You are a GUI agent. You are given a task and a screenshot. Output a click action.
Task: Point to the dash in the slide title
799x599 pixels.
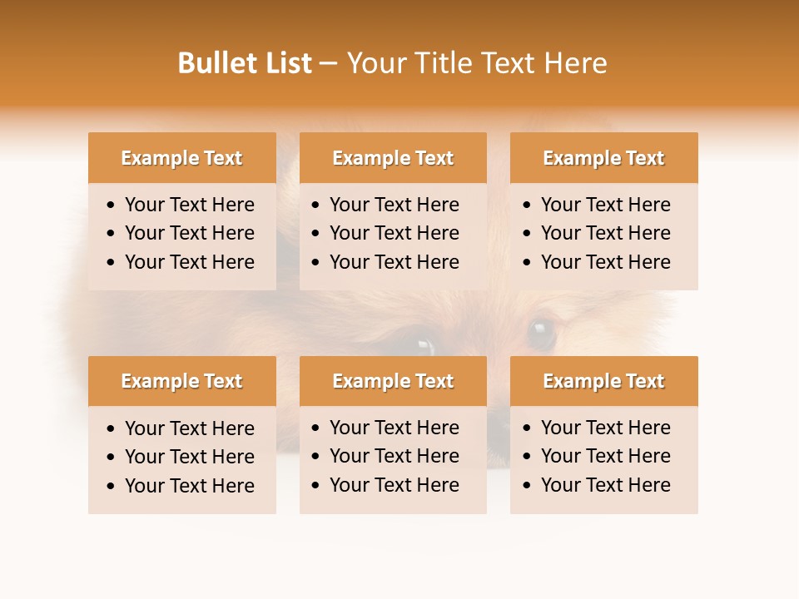(328, 64)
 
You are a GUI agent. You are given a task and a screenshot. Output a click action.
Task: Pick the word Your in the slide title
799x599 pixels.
(375, 63)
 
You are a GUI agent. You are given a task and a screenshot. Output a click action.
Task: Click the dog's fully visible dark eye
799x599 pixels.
(542, 333)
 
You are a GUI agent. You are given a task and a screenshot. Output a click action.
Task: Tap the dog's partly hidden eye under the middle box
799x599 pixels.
(424, 345)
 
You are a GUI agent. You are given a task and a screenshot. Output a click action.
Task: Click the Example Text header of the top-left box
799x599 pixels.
(181, 158)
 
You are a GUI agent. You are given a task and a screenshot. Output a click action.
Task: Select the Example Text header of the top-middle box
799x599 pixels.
(393, 158)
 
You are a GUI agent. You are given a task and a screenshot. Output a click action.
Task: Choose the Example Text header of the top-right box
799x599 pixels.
(603, 158)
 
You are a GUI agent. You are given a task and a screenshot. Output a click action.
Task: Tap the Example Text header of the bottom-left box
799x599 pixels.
(181, 381)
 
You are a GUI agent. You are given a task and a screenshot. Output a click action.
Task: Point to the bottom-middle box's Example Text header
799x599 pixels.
(393, 381)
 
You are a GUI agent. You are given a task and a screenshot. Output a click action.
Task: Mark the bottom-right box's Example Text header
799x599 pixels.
(603, 381)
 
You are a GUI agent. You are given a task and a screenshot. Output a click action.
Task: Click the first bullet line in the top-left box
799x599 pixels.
(189, 205)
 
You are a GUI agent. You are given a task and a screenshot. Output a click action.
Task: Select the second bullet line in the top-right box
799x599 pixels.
(605, 233)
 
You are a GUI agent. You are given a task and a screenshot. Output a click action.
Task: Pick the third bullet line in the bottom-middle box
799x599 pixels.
(394, 485)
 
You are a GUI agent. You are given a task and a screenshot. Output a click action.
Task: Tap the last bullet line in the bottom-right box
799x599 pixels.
(605, 485)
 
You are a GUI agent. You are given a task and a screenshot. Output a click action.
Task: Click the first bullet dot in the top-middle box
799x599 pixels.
(316, 205)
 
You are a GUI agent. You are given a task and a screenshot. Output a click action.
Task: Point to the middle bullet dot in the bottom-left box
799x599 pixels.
(112, 458)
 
